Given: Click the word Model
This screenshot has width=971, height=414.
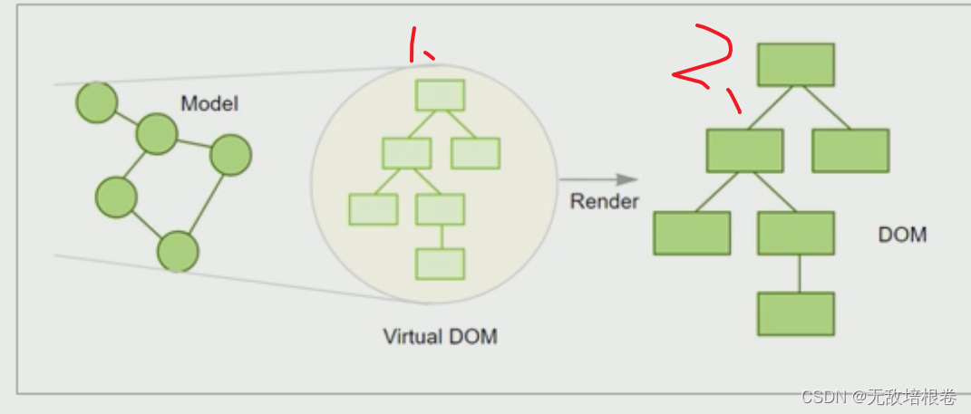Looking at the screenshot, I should pos(209,103).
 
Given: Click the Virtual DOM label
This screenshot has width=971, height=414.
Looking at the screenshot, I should pos(440,337).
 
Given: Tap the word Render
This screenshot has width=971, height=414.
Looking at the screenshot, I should pos(604,201).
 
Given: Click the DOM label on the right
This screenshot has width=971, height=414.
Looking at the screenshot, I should pos(902,235).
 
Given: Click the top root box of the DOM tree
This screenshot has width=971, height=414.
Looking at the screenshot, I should pos(795,64).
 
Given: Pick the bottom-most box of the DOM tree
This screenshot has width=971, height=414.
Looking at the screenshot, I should pos(795,313).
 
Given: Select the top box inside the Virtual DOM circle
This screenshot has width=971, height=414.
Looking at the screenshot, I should pos(440,95).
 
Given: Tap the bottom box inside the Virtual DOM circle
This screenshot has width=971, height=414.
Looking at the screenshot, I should pos(440,264).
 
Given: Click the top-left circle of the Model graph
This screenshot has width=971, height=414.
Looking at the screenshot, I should pos(96,102).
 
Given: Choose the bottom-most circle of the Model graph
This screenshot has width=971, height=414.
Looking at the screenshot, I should pos(178,251).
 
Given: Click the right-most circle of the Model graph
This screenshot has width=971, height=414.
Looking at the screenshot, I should pos(230,155).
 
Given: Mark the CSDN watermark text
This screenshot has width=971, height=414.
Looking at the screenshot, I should pos(879,397).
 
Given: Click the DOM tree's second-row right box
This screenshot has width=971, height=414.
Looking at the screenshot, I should pos(850,150).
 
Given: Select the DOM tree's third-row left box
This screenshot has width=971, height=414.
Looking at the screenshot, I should pos(692,233).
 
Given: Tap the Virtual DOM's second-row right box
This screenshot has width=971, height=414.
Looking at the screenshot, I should pos(475,153).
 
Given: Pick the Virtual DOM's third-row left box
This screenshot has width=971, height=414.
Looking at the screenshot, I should pos(373,209).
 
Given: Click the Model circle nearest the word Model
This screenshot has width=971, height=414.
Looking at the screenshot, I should pos(156,134).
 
